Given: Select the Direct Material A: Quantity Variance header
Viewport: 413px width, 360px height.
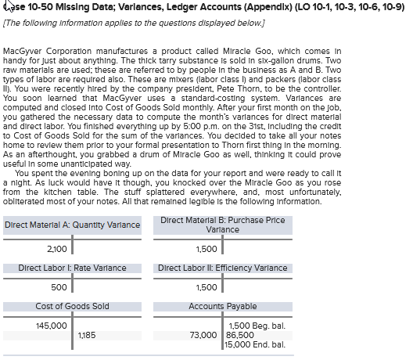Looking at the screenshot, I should (72, 226).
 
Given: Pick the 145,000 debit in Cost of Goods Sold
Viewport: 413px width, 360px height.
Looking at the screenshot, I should (51, 325).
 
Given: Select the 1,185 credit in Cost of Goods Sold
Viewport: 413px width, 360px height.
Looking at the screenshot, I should (87, 335).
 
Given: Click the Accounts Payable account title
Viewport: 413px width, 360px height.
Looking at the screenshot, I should (222, 306).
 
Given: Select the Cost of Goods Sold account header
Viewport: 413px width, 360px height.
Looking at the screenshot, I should (72, 306).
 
